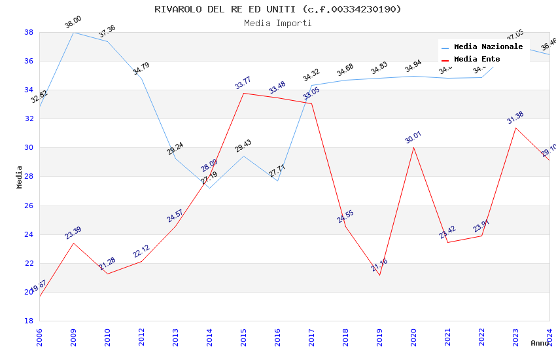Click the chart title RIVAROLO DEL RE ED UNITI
(278, 9)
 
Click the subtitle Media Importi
(278, 24)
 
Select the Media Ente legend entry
(477, 60)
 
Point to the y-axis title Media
(20, 177)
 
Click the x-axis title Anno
(540, 343)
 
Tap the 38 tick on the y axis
(29, 32)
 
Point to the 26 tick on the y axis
(29, 206)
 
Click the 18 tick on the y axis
(29, 321)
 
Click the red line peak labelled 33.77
(243, 93)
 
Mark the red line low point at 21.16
(379, 275)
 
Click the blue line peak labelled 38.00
(73, 32)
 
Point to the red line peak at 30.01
(413, 147)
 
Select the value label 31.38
(515, 118)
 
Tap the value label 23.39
(73, 233)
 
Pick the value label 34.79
(141, 69)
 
